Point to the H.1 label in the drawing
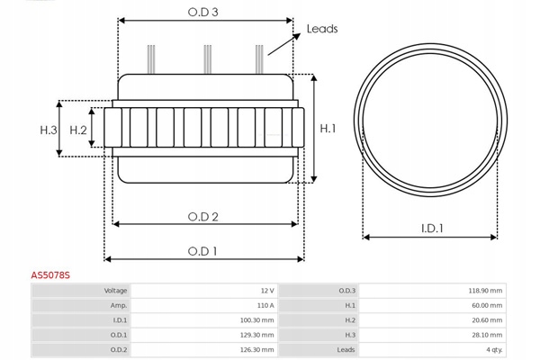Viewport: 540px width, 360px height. (328, 129)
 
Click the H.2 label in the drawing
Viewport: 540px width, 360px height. (78, 130)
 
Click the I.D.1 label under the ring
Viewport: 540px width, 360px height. (432, 229)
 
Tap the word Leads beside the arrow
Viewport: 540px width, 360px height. (322, 29)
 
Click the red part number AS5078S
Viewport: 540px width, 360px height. (51, 276)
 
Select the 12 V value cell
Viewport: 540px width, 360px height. (266, 291)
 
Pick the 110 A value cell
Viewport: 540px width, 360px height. (264, 305)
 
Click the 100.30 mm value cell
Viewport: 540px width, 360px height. (257, 319)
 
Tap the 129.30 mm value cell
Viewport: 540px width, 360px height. (257, 334)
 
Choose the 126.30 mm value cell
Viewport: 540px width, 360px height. (257, 348)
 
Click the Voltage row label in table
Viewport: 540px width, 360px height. (116, 291)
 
